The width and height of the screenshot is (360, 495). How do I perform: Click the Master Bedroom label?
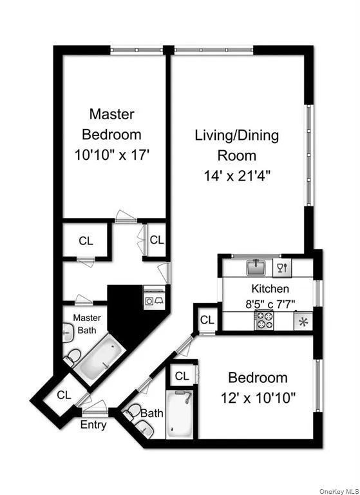[111, 124]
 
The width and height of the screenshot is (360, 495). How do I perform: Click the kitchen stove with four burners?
[264, 320]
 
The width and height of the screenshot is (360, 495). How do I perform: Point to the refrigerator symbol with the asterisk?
[301, 321]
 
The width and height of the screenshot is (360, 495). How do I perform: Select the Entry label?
[93, 425]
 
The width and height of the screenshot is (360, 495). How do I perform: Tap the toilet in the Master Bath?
[73, 356]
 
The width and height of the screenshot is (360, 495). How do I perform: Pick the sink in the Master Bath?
[68, 333]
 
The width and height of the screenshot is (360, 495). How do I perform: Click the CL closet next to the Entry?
[64, 395]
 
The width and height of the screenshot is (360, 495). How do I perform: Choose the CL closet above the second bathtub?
[182, 376]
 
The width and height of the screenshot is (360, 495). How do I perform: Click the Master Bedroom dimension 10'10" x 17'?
[111, 155]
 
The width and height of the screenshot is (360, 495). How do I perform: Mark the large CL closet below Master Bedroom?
[86, 241]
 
